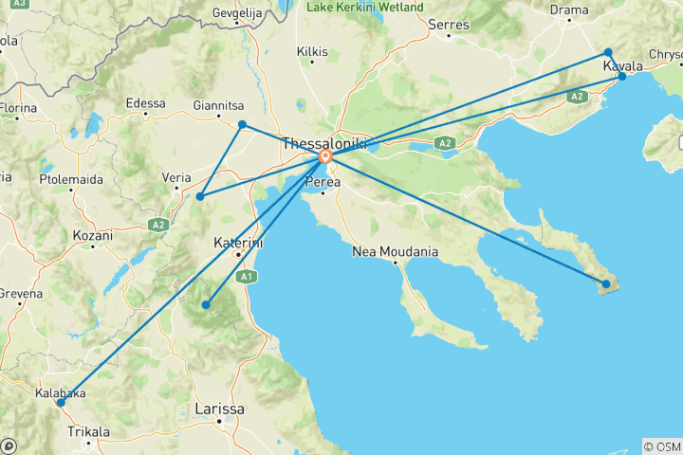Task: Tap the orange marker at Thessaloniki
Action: tap(325, 156)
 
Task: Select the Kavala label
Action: tap(623, 66)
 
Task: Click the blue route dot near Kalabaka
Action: tap(60, 403)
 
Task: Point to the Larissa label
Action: tap(218, 409)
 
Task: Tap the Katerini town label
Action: tap(238, 242)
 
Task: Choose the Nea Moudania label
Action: tap(395, 252)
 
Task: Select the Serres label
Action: tap(450, 24)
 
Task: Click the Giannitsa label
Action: tap(214, 105)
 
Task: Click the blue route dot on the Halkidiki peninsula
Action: tap(606, 283)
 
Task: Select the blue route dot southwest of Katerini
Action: tap(206, 305)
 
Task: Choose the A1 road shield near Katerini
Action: tap(246, 277)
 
